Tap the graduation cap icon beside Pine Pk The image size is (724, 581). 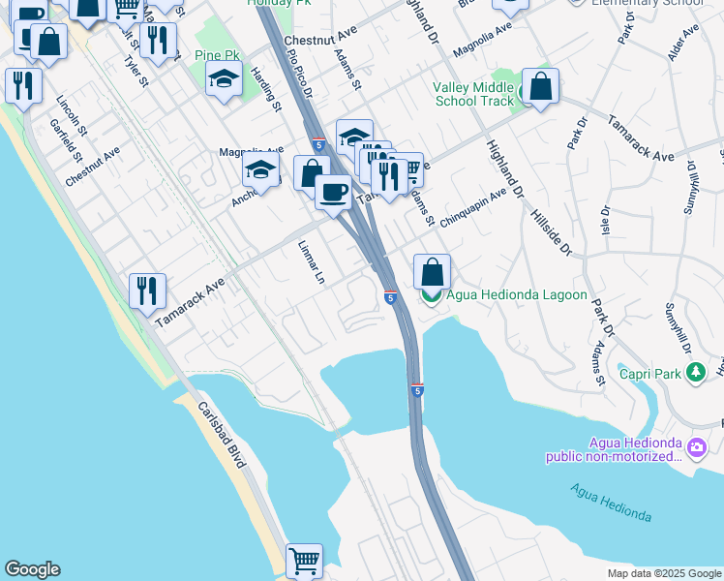[x=224, y=80]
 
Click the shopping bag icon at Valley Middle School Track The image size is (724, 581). [x=540, y=86]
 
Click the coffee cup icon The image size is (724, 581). [x=333, y=191]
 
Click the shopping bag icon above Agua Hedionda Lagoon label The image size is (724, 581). [x=432, y=272]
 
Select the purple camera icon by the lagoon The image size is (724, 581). [x=696, y=446]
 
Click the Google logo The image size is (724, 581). [x=32, y=569]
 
